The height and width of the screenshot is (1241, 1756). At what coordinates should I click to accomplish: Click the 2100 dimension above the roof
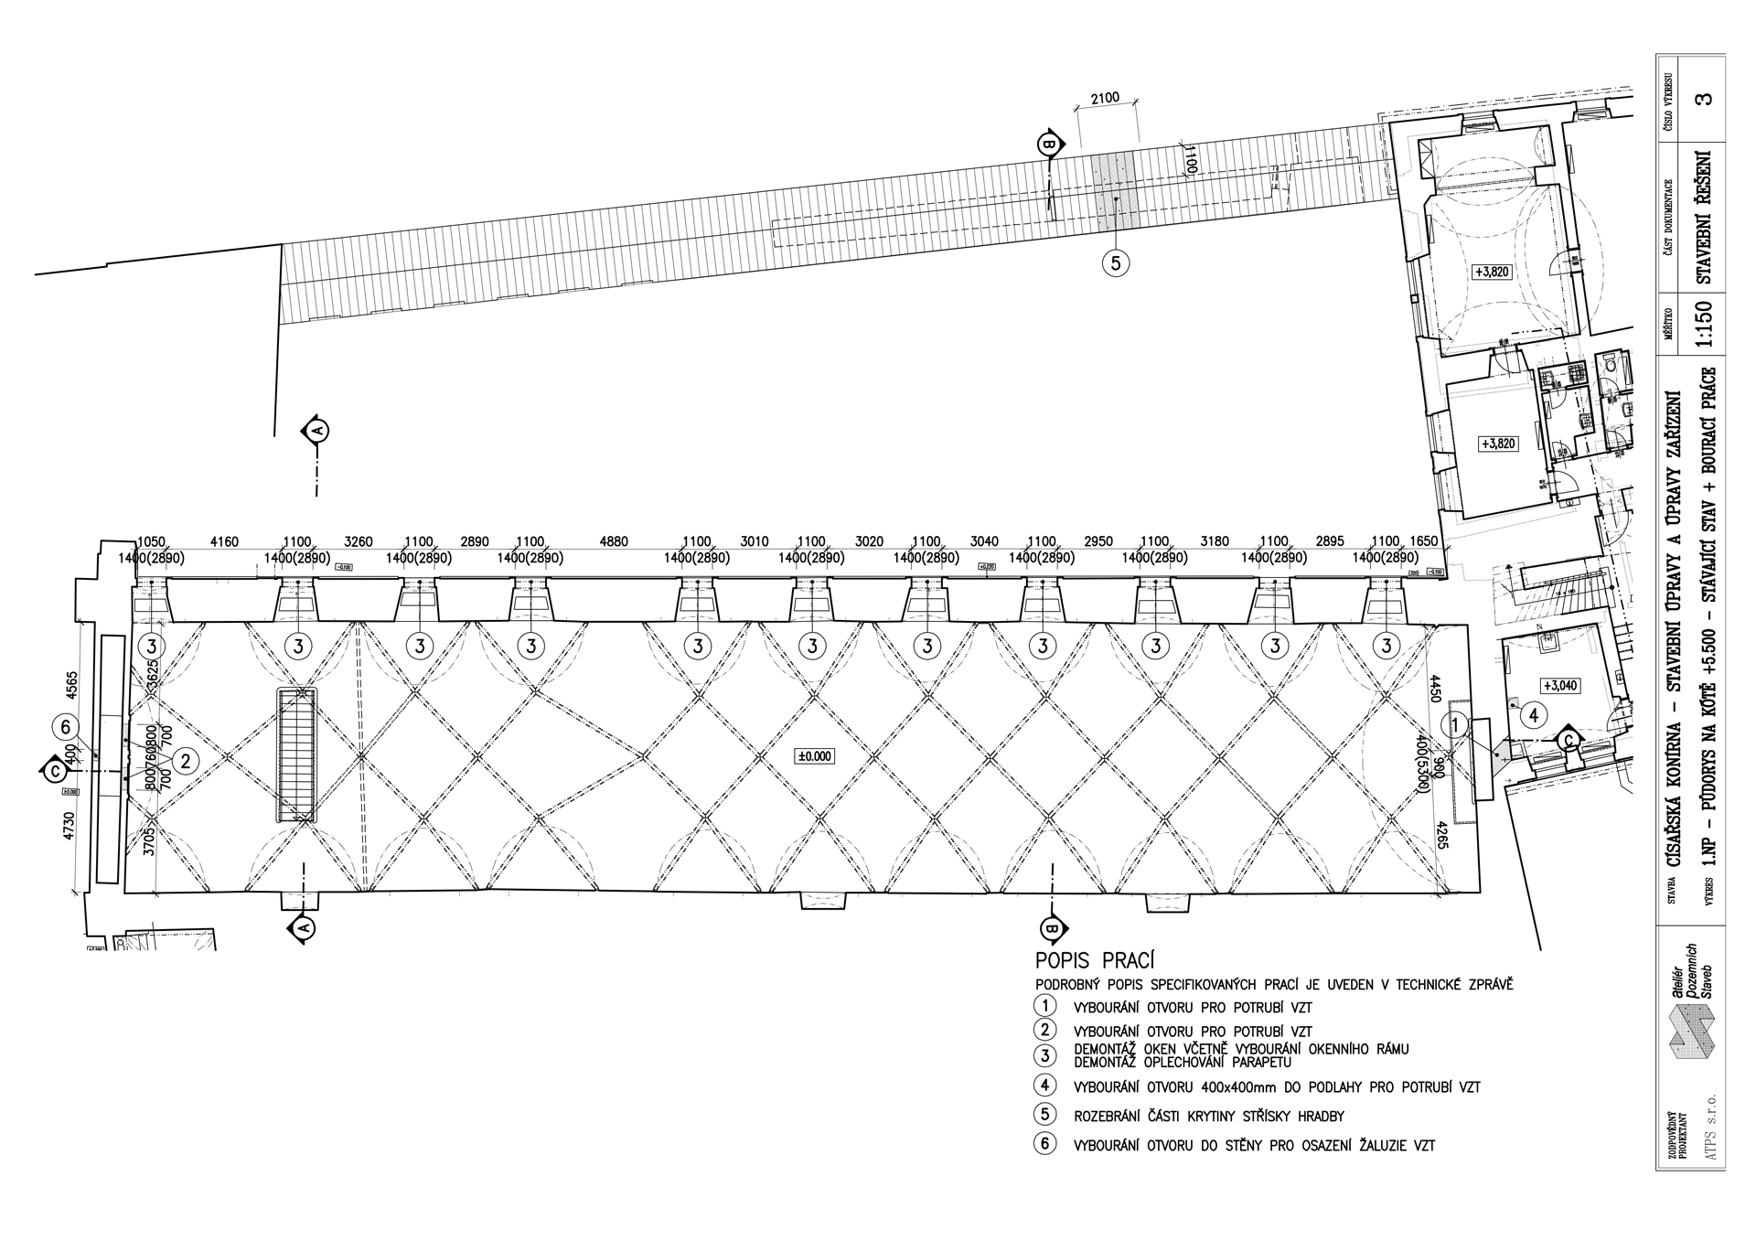(x=1104, y=99)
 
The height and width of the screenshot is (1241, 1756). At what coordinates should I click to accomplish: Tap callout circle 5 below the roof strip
(x=1115, y=263)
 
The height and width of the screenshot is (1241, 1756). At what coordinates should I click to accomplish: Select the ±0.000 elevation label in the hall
(x=815, y=755)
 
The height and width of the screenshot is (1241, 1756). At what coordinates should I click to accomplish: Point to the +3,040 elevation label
(x=1560, y=686)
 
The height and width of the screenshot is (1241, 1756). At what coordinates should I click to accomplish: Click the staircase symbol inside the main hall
(x=298, y=755)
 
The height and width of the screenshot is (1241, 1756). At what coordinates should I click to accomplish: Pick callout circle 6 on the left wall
(x=65, y=727)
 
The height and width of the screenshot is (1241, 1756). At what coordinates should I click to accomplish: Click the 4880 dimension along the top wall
(x=614, y=541)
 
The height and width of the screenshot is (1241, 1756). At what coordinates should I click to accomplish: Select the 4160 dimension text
(x=224, y=541)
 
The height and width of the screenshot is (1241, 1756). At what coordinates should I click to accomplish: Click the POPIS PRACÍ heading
(x=1094, y=961)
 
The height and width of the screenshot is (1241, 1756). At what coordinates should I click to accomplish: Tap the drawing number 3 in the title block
(x=1703, y=98)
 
